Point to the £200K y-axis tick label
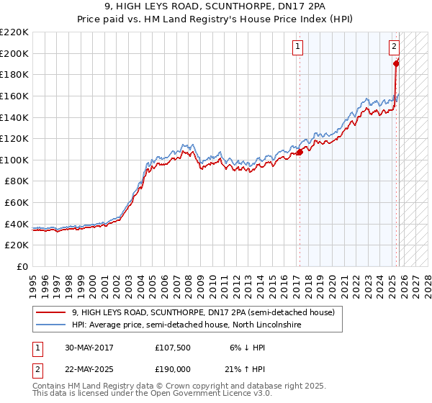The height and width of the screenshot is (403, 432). click(14, 53)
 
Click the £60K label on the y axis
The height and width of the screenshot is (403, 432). click(17, 203)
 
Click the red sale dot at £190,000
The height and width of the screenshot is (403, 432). click(396, 64)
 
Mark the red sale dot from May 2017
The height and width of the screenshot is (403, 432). click(300, 152)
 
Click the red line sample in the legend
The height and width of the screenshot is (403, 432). click(50, 313)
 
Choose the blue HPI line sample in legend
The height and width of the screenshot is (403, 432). click(50, 325)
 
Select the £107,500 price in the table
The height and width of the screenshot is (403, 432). click(171, 347)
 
